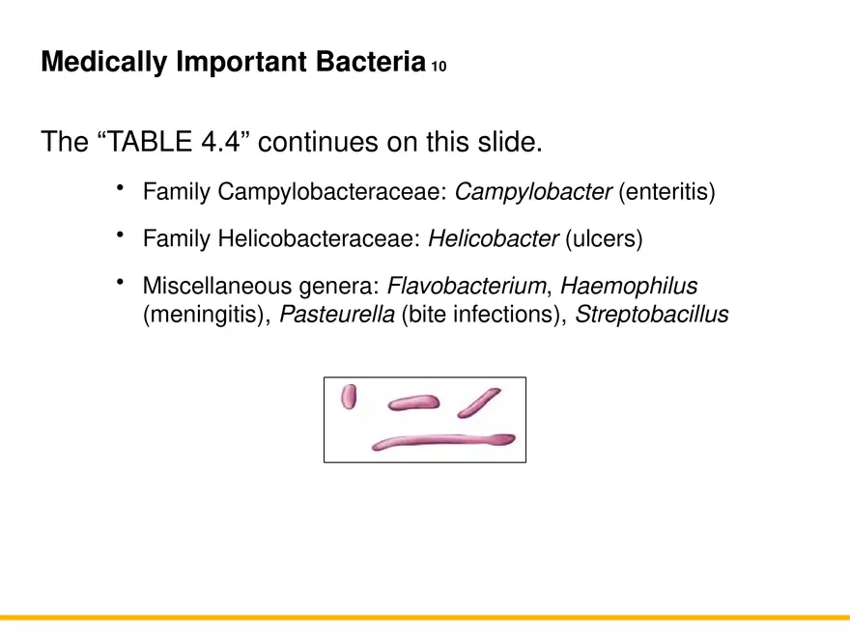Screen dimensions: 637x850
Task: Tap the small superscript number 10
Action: coord(439,68)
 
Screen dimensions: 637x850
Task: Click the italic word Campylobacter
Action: coord(532,192)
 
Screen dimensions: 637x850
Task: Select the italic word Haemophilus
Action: coord(629,286)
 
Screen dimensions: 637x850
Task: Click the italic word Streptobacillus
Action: coord(651,315)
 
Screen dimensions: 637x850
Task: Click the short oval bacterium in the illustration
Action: coord(349,396)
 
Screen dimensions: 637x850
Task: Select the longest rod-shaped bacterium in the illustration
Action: coord(443,441)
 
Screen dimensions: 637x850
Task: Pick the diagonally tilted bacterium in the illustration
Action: coord(478,402)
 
